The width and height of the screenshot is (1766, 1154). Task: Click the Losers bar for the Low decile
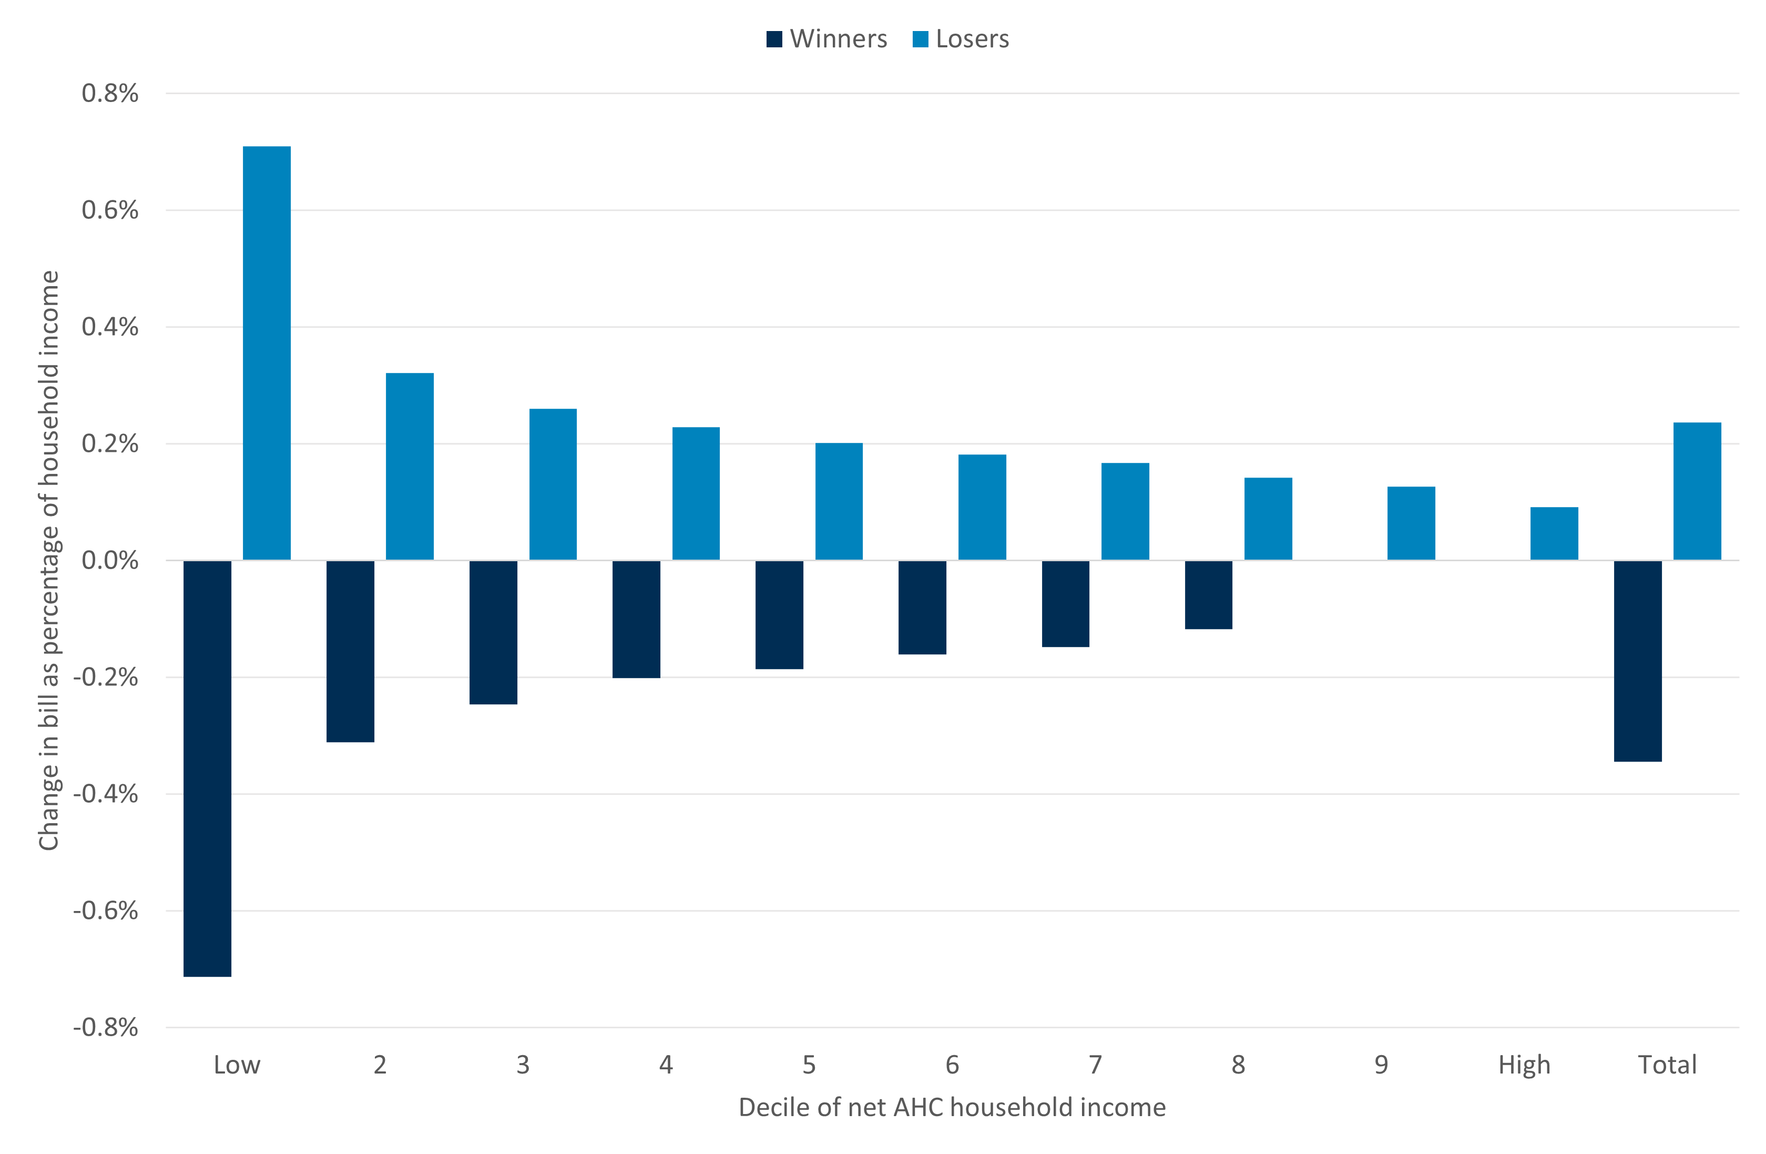coord(267,352)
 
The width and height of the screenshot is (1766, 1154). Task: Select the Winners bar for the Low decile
coord(207,768)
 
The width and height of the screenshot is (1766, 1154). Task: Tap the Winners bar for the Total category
coord(1638,661)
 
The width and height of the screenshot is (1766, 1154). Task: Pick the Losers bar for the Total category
coord(1697,491)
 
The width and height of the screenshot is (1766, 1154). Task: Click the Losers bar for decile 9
coord(1411,523)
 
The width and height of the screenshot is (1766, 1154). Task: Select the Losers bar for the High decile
coord(1554,533)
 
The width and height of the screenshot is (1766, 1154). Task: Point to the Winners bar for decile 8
coord(1208,594)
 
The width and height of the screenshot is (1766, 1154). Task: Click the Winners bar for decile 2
coord(350,651)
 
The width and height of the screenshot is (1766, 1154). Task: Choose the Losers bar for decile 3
coord(553,484)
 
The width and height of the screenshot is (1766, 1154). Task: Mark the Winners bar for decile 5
coord(779,614)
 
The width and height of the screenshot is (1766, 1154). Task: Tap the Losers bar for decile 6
coord(982,507)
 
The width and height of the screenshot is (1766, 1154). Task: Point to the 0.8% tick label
coord(110,94)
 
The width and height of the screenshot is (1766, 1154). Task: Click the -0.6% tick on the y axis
coord(105,910)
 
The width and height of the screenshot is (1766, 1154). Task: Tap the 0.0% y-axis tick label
coord(110,560)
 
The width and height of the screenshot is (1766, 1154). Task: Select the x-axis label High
coord(1524,1065)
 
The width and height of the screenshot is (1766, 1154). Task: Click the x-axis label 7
coord(1095,1065)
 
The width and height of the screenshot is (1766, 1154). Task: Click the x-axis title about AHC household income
coord(952,1107)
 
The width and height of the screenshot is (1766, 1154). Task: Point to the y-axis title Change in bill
coord(49,560)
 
